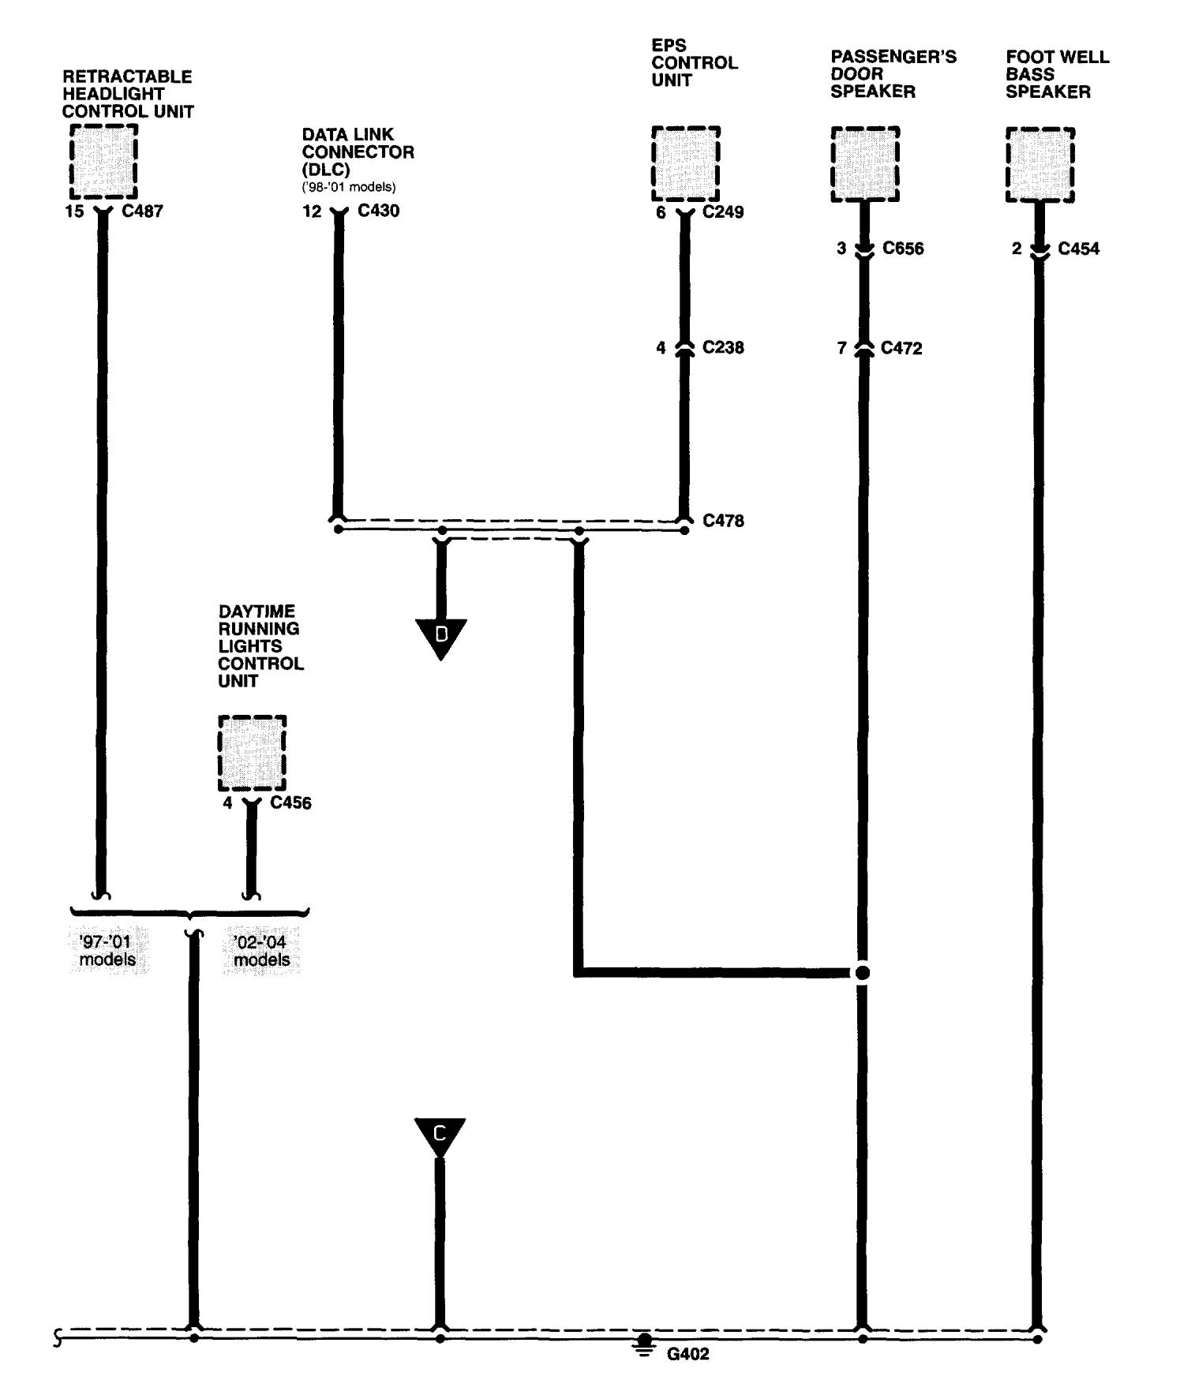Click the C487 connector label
tap(143, 211)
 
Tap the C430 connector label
tap(378, 211)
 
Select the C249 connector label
tap(723, 211)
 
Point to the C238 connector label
tap(723, 347)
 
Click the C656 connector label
tap(903, 249)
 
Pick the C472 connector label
tap(901, 348)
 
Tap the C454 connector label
tap(1078, 249)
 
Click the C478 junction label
tap(723, 521)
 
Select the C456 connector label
tap(290, 803)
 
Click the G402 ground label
tap(688, 1354)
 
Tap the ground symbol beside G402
tap(645, 1344)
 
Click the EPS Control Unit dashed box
tap(685, 163)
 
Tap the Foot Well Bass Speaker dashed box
tap(1040, 165)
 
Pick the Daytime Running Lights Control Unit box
tap(252, 753)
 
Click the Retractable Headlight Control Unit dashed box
tap(103, 162)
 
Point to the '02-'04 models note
tap(261, 951)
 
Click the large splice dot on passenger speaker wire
tap(863, 972)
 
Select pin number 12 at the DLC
tap(313, 211)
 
